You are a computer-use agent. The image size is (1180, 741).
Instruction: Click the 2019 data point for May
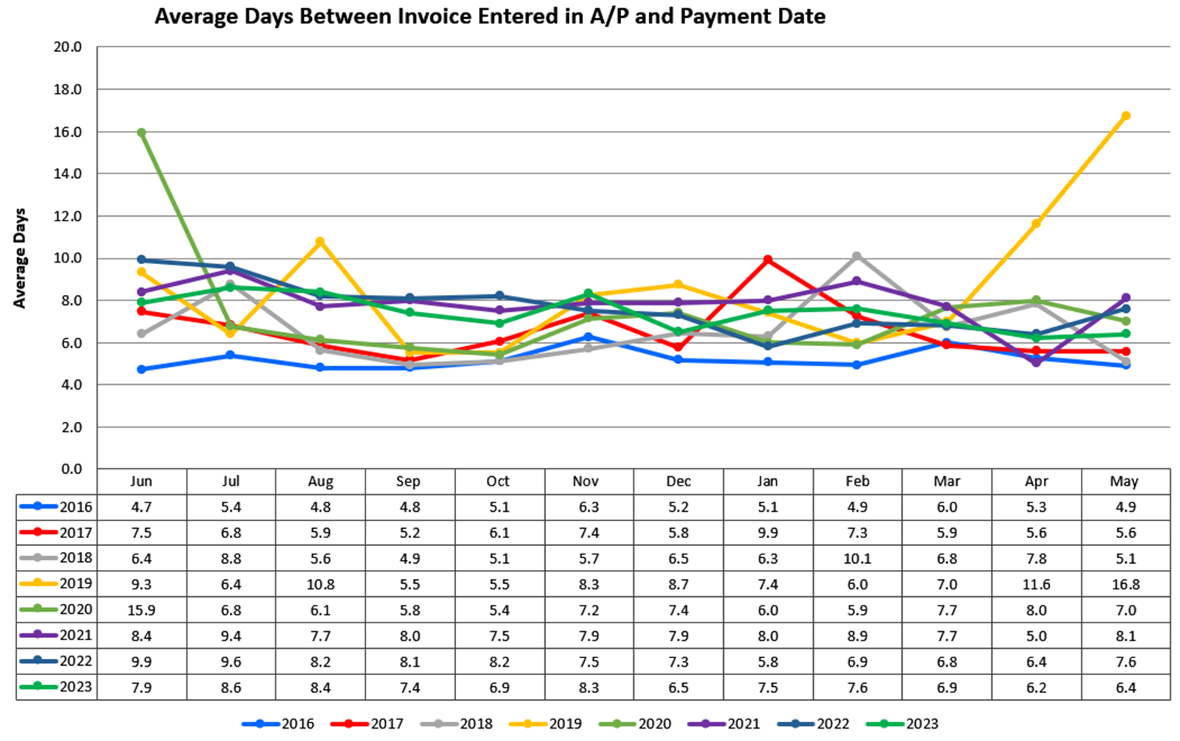(1126, 116)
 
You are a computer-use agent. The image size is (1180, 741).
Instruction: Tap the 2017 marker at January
(767, 260)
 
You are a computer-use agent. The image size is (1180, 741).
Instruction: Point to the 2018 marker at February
(856, 256)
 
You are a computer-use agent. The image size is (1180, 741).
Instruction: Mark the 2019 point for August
(320, 242)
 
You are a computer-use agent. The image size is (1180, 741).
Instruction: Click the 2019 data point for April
(1036, 224)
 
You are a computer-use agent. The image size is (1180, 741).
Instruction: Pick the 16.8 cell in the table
(1125, 585)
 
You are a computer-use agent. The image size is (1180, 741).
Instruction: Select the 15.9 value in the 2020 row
(141, 610)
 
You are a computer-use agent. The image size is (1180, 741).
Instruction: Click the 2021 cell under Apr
(1036, 636)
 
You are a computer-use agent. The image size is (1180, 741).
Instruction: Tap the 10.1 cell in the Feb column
(856, 558)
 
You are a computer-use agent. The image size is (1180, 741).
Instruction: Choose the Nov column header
(585, 482)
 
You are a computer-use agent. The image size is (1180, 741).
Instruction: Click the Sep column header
(408, 482)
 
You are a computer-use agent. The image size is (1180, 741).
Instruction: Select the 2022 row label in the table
(75, 661)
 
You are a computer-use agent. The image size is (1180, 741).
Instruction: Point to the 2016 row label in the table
(75, 507)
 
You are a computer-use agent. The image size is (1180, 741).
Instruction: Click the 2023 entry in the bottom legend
(921, 724)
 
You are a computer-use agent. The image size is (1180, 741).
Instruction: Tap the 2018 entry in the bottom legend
(475, 724)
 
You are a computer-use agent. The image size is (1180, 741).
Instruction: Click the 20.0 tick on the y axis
(68, 47)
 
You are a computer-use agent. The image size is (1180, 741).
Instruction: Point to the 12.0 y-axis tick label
(68, 216)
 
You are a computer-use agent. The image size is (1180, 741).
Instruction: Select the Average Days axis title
(20, 258)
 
